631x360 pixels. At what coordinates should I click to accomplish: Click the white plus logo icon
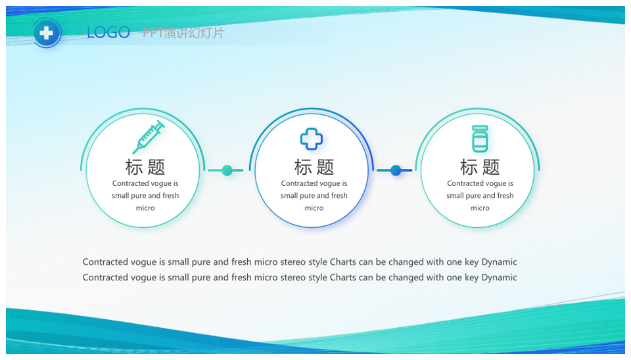[x=46, y=33]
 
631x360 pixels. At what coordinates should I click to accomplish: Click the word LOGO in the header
[x=108, y=32]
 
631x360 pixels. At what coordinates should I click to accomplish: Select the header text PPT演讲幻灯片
[x=183, y=33]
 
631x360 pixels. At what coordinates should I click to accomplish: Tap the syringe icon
[x=149, y=137]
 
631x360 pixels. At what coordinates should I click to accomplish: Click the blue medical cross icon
[x=312, y=139]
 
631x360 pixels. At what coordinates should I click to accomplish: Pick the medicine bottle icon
[x=480, y=139]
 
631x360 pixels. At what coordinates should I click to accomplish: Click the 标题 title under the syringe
[x=145, y=167]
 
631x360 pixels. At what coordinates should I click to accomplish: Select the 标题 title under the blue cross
[x=314, y=167]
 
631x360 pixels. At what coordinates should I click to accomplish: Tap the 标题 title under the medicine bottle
[x=480, y=167]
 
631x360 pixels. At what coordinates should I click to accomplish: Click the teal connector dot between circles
[x=227, y=170]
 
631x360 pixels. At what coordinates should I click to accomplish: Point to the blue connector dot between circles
[x=396, y=170]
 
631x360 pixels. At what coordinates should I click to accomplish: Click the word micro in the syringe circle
[x=145, y=208]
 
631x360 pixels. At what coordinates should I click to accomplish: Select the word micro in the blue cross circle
[x=314, y=208]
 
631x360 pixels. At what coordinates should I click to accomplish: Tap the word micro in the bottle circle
[x=480, y=208]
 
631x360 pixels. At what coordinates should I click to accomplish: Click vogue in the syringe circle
[x=162, y=184]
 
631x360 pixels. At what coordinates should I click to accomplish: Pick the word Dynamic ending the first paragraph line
[x=499, y=262]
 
